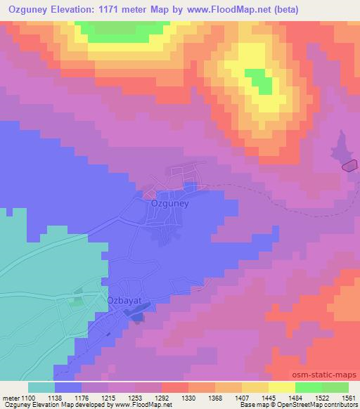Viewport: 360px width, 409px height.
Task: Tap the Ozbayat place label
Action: tap(124, 300)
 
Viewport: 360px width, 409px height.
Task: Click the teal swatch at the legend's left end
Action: tap(41, 387)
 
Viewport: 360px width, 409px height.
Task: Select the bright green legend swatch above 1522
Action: tap(309, 387)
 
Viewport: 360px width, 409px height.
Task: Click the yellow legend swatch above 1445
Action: tap(255, 387)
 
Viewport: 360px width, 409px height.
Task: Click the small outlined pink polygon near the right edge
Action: tap(349, 166)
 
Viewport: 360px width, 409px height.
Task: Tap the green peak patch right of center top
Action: tap(257, 80)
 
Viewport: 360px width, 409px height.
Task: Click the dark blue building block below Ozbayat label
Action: tap(136, 318)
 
